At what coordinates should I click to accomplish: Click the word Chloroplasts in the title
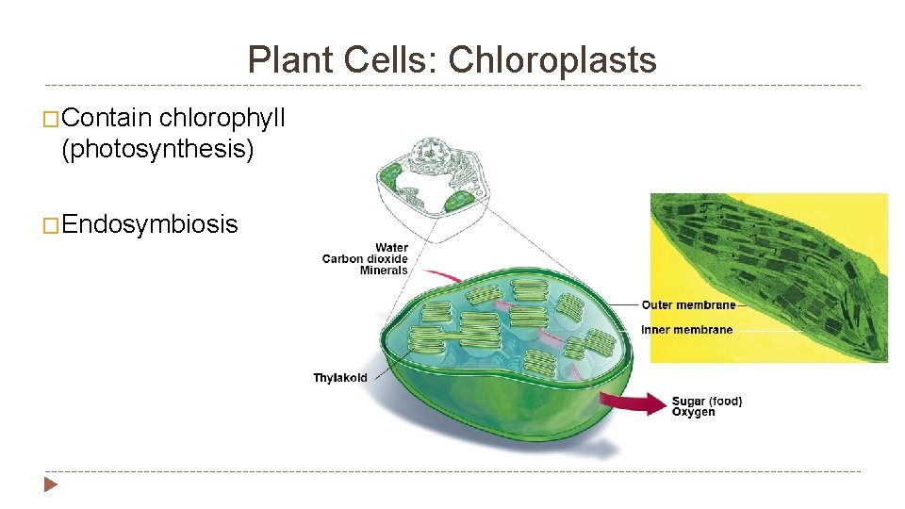pyautogui.click(x=552, y=60)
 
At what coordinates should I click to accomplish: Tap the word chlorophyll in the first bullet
pyautogui.click(x=222, y=118)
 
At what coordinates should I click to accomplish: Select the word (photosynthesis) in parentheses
pyautogui.click(x=157, y=149)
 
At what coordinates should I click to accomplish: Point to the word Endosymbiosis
pyautogui.click(x=150, y=224)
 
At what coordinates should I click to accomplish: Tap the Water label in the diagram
pyautogui.click(x=391, y=248)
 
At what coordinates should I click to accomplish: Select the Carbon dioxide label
pyautogui.click(x=365, y=259)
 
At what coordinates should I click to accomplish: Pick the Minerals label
pyautogui.click(x=384, y=271)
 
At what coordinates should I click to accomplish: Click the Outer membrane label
pyautogui.click(x=688, y=304)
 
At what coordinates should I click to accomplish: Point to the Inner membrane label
pyautogui.click(x=686, y=330)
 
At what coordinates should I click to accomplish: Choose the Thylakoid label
pyautogui.click(x=340, y=378)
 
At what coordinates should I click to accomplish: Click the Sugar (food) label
pyautogui.click(x=707, y=402)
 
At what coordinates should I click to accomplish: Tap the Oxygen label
pyautogui.click(x=693, y=412)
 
